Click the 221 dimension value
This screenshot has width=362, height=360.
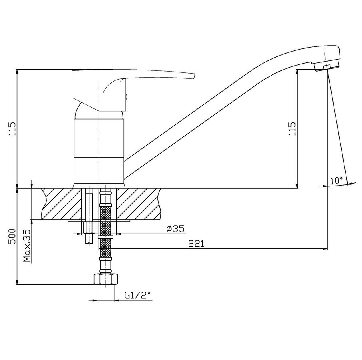pyautogui.click(x=196, y=244)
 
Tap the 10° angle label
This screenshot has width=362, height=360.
pyautogui.click(x=337, y=180)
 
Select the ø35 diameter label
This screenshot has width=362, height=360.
pyautogui.click(x=176, y=229)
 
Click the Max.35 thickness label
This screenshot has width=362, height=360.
pyautogui.click(x=27, y=245)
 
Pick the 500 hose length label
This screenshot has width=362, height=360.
pyautogui.click(x=12, y=236)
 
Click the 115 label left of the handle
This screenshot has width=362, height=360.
pyautogui.click(x=12, y=128)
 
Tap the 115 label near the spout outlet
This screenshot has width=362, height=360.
pyautogui.click(x=292, y=128)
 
